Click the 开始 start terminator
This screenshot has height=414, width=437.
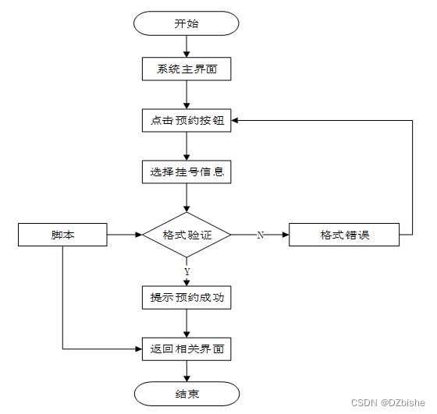pos(187,23)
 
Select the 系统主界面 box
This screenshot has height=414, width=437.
pos(187,69)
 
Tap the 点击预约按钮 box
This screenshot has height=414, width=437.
pos(187,120)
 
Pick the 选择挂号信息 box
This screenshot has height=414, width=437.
pos(187,172)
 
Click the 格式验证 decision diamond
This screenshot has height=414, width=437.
pos(187,235)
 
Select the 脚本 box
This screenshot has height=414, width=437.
pos(62,235)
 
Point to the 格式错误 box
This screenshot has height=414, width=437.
pos(344,235)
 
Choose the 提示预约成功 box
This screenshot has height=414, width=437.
pos(187,297)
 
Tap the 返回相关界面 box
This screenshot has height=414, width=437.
pos(187,349)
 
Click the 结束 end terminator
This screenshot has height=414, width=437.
pos(187,394)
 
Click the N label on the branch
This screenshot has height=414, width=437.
pos(261,235)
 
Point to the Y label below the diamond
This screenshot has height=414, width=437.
pos(187,271)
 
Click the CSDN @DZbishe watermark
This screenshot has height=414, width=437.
pos(388,402)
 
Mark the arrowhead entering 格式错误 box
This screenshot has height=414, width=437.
pos(286,235)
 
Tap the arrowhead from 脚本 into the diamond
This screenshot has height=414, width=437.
pos(139,235)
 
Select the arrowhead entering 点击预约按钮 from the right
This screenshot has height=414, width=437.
pos(235,120)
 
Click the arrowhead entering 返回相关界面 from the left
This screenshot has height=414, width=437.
pos(139,349)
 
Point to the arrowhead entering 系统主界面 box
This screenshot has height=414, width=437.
pos(187,54)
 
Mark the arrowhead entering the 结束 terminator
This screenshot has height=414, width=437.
pos(187,378)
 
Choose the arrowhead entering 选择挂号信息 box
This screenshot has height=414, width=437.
pos(187,157)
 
